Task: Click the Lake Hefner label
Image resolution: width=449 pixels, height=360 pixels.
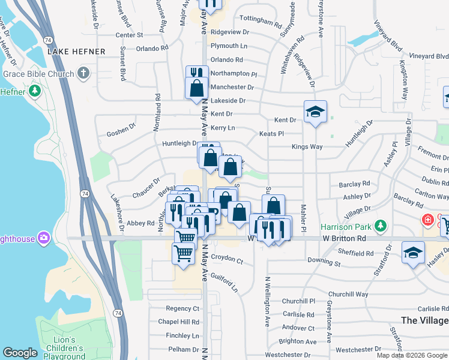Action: [x=76, y=52]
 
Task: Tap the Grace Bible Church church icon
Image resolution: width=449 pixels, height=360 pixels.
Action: [x=83, y=74]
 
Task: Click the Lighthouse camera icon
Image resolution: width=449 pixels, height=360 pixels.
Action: [x=43, y=239]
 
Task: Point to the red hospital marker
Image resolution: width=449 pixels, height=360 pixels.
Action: [x=427, y=220]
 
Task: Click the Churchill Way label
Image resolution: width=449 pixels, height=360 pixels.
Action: [x=348, y=294]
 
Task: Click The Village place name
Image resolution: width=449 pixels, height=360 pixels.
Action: [x=424, y=320]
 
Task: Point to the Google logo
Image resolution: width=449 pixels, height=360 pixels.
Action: [x=20, y=353]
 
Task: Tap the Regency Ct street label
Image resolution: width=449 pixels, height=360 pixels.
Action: [x=182, y=308]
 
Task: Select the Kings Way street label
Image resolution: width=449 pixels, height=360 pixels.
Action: [x=307, y=147]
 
